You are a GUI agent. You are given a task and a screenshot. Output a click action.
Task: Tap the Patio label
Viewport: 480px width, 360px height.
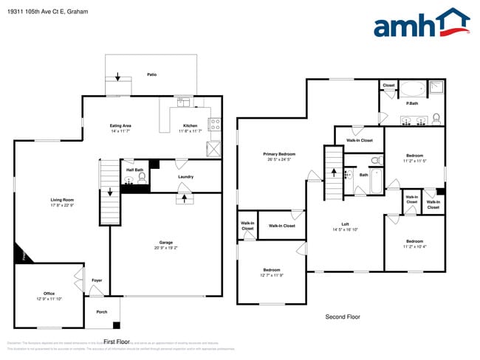pos(151,75)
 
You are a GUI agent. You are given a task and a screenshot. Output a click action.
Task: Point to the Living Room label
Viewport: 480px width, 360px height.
pos(62,199)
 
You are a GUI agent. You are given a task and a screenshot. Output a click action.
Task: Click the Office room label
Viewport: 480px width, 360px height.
pos(49,294)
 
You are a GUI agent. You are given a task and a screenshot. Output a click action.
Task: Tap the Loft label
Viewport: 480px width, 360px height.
pos(345,224)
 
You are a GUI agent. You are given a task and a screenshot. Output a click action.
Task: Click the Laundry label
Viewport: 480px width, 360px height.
pos(185,176)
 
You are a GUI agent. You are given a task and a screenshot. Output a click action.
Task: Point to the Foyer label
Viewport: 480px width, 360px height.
pos(97,280)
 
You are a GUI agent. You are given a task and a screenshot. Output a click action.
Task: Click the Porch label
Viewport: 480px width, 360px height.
pos(102,311)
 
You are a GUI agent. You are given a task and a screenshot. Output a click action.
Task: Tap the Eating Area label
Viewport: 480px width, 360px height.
pos(120,126)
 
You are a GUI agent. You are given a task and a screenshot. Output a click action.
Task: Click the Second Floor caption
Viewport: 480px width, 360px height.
pos(343,316)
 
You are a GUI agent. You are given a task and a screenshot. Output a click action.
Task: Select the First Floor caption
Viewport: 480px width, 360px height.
pos(117,342)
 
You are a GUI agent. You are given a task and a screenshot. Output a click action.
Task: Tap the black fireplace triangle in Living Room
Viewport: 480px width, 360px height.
pos(20,255)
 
